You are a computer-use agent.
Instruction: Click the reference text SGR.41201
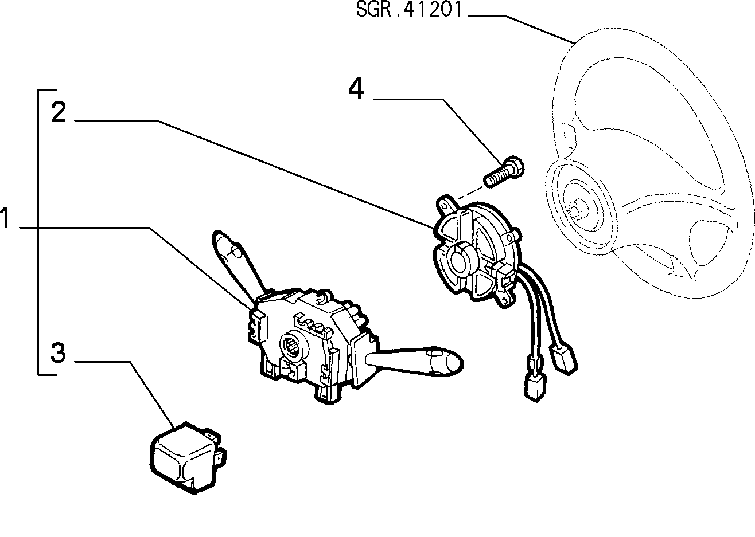[x=408, y=9]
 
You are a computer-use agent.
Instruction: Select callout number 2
[x=59, y=112]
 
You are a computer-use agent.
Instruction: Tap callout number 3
[x=58, y=353]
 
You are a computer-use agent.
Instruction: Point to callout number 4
[x=356, y=88]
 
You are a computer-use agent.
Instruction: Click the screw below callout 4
[x=504, y=171]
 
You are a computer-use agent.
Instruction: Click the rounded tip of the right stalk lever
[x=450, y=364]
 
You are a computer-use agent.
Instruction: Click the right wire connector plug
[x=563, y=360]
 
